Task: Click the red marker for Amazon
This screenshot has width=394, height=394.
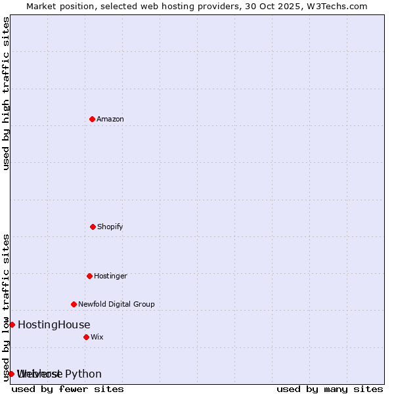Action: [92, 119]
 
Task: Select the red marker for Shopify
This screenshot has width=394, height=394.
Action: [93, 227]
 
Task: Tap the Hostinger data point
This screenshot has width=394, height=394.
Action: [89, 276]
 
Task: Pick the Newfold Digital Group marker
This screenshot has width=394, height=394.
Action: [74, 304]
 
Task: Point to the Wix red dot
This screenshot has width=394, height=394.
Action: [86, 337]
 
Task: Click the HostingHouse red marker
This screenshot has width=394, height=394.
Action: [12, 324]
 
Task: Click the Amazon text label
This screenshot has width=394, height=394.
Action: [110, 119]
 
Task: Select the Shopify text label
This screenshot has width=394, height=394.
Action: [110, 227]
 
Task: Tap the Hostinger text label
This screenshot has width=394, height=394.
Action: [110, 276]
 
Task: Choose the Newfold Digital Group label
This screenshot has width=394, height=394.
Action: [116, 304]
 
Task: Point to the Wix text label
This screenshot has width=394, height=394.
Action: [97, 337]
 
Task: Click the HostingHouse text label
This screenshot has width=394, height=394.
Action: [54, 324]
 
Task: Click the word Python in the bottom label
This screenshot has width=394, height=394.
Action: [83, 374]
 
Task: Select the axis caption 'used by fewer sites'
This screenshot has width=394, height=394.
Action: [68, 389]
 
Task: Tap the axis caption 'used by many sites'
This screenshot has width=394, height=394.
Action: [330, 389]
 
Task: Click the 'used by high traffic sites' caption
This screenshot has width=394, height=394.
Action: [6, 93]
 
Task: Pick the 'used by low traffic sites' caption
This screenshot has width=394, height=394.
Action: [6, 307]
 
